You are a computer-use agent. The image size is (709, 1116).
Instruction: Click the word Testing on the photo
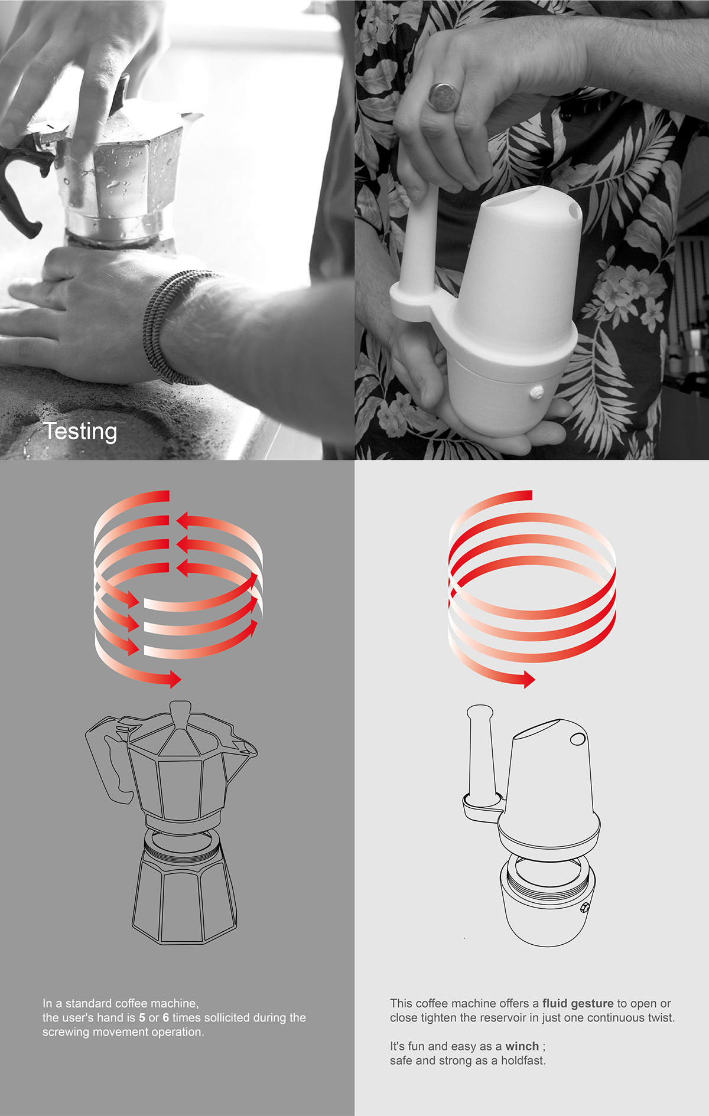(80, 432)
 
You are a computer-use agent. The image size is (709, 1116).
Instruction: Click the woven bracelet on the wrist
(168, 322)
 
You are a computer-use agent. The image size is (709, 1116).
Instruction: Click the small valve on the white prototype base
(537, 392)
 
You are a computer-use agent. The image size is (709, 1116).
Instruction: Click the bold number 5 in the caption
(142, 1017)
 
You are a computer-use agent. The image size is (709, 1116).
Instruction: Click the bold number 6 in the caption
(165, 1017)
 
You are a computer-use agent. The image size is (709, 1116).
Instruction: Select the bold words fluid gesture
(578, 1003)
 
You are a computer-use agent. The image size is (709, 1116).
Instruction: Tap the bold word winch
(522, 1046)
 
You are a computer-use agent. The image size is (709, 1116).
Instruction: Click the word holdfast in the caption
(523, 1060)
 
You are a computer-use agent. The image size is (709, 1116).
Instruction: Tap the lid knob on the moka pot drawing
(180, 709)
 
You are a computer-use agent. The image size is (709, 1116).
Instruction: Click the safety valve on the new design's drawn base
(584, 908)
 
